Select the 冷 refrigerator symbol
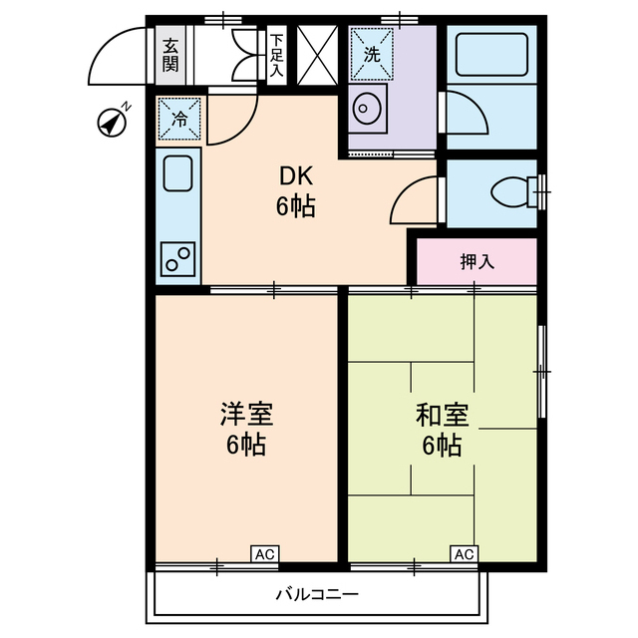180,119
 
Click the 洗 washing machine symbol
372,55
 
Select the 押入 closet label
477,262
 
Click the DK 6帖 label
296,192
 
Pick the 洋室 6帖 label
246,429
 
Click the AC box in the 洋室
263,553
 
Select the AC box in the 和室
464,553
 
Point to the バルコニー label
317,595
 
